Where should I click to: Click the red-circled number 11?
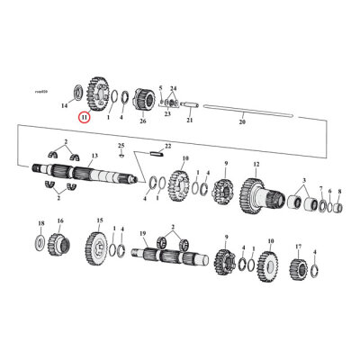pyautogui.click(x=84, y=116)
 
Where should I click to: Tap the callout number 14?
pyautogui.click(x=65, y=106)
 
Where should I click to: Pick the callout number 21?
pyautogui.click(x=190, y=120)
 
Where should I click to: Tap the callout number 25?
pyautogui.click(x=121, y=144)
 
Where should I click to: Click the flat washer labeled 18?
pyautogui.click(x=40, y=241)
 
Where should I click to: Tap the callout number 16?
pyautogui.click(x=60, y=220)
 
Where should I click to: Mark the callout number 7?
pyautogui.click(x=329, y=191)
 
